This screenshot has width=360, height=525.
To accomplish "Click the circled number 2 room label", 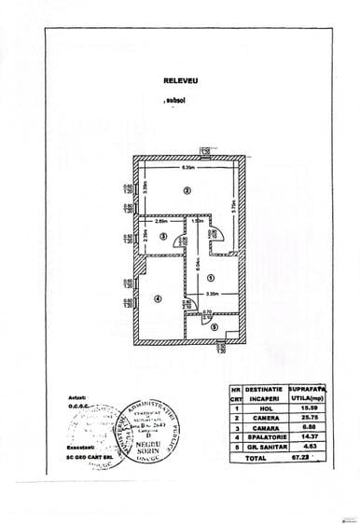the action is click(x=187, y=191).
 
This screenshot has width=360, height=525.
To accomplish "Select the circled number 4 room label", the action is click(x=158, y=300).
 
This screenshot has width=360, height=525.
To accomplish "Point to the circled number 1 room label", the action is click(x=211, y=277).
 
